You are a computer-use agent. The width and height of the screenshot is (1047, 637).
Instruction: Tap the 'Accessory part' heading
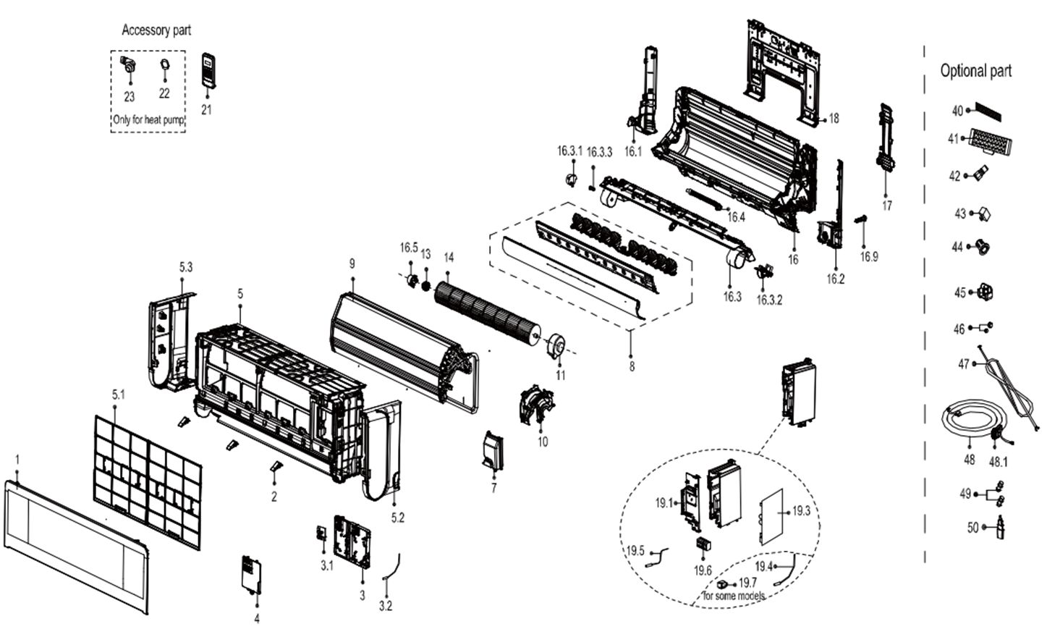coord(156,30)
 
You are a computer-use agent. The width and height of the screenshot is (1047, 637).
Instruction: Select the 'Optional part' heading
coord(975,71)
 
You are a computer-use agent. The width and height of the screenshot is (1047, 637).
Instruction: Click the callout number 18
coord(834,118)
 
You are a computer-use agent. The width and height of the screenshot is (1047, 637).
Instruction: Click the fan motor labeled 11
coord(557,345)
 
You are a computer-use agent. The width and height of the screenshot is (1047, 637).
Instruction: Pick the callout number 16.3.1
coord(569,151)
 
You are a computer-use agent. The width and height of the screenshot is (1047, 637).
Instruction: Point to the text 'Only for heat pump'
coord(149,120)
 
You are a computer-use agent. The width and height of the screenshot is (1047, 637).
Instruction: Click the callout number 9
coord(352,264)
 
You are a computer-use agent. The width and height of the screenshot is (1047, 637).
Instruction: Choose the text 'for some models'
coord(734,595)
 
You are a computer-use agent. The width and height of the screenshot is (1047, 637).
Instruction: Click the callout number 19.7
coord(747,582)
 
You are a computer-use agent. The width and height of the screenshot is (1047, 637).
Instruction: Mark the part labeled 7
coord(493,452)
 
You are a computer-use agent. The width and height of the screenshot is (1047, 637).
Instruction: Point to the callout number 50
coord(972,527)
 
